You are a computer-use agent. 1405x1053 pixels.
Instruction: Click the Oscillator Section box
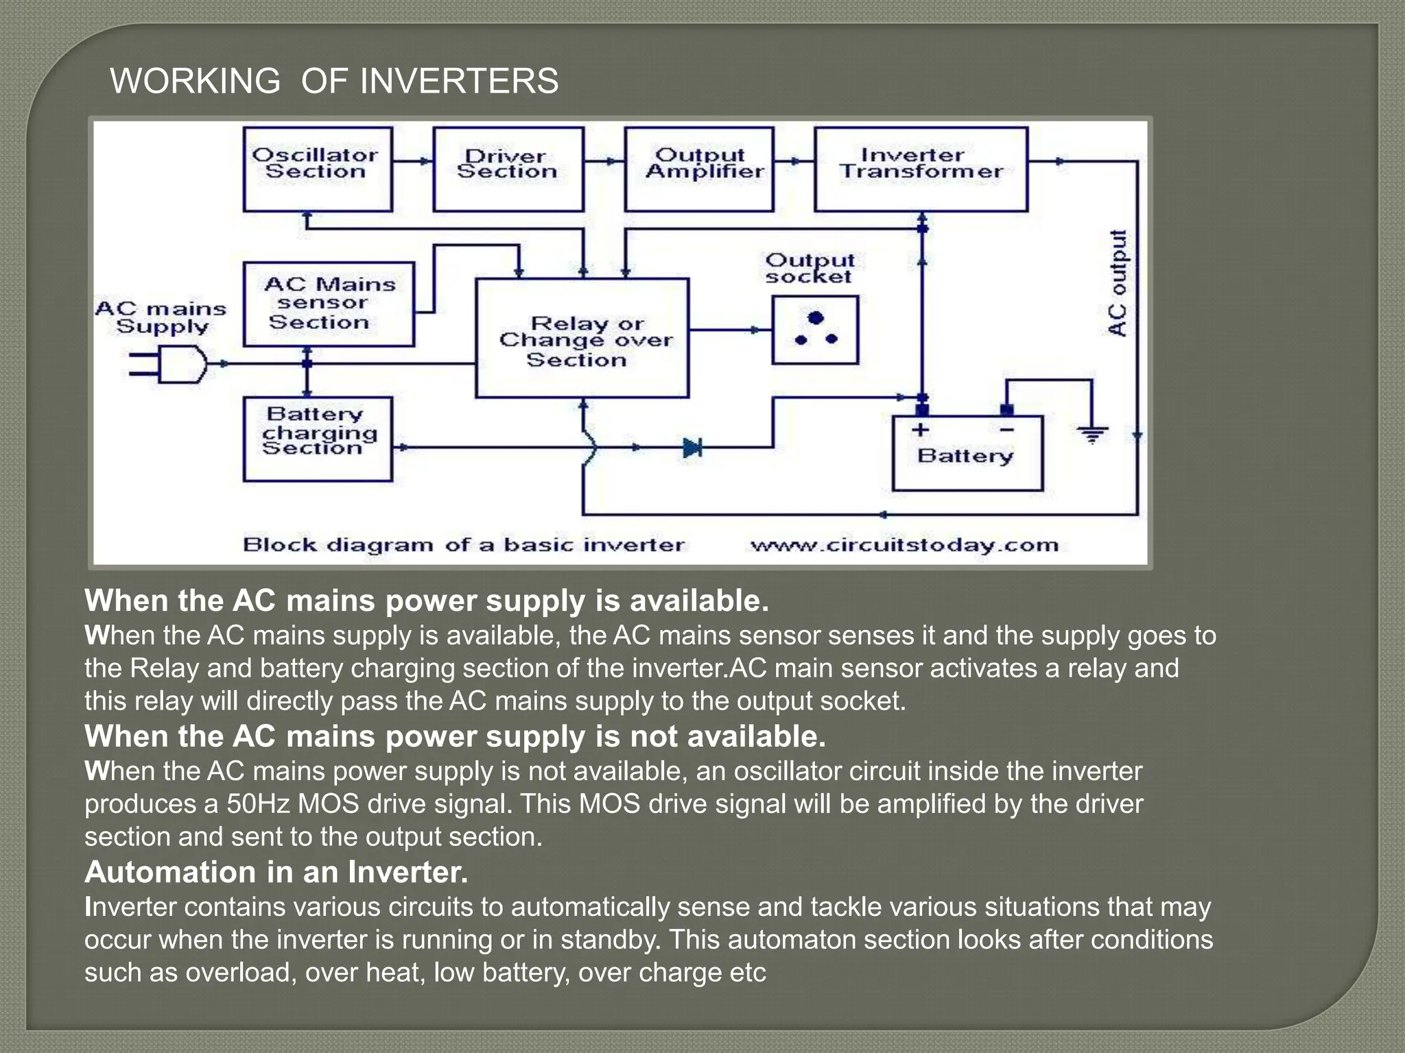[x=318, y=169]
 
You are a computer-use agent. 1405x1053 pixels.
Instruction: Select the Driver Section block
[x=508, y=169]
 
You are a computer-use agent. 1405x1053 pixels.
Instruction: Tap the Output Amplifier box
[x=699, y=169]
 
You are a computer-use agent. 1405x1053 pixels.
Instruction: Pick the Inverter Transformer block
[x=921, y=169]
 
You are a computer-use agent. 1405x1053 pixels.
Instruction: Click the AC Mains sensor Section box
[x=329, y=304]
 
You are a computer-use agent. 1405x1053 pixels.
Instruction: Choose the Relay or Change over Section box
[x=582, y=338]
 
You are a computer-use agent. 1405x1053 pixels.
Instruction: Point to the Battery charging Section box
[x=318, y=439]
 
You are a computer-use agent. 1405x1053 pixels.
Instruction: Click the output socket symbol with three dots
[x=815, y=330]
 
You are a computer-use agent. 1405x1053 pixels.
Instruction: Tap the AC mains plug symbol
[x=175, y=364]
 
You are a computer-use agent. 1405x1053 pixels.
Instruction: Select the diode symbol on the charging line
[x=692, y=448]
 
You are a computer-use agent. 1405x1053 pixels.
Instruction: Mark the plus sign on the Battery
[x=920, y=430]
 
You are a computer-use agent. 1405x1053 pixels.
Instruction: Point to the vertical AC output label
[x=1118, y=283]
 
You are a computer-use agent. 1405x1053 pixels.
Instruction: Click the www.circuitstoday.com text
[x=904, y=546]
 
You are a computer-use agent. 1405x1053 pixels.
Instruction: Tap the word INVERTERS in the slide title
[x=459, y=81]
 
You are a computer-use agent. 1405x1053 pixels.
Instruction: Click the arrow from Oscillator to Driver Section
[x=413, y=162]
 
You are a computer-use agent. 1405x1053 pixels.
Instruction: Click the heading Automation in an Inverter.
[x=276, y=872]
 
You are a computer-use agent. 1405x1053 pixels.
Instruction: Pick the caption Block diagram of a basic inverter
[x=464, y=546]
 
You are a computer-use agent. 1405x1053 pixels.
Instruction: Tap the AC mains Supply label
[x=161, y=317]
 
